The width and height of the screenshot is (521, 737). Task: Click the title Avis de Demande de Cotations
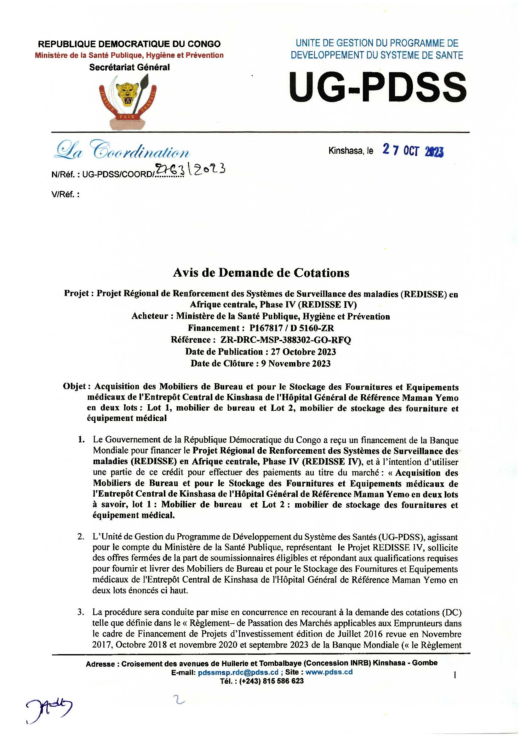pyautogui.click(x=261, y=273)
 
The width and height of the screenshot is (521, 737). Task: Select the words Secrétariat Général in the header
pyautogui.click(x=129, y=67)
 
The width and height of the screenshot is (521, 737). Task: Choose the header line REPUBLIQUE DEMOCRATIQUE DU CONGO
pyautogui.click(x=129, y=44)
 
